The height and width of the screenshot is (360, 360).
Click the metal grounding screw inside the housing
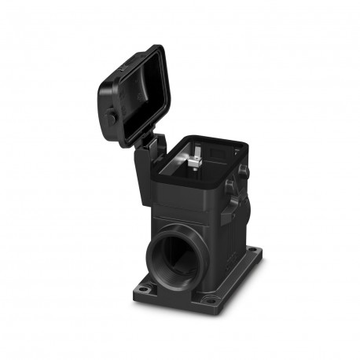pyautogui.click(x=193, y=163)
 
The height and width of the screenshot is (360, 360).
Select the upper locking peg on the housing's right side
pyautogui.click(x=243, y=169)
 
